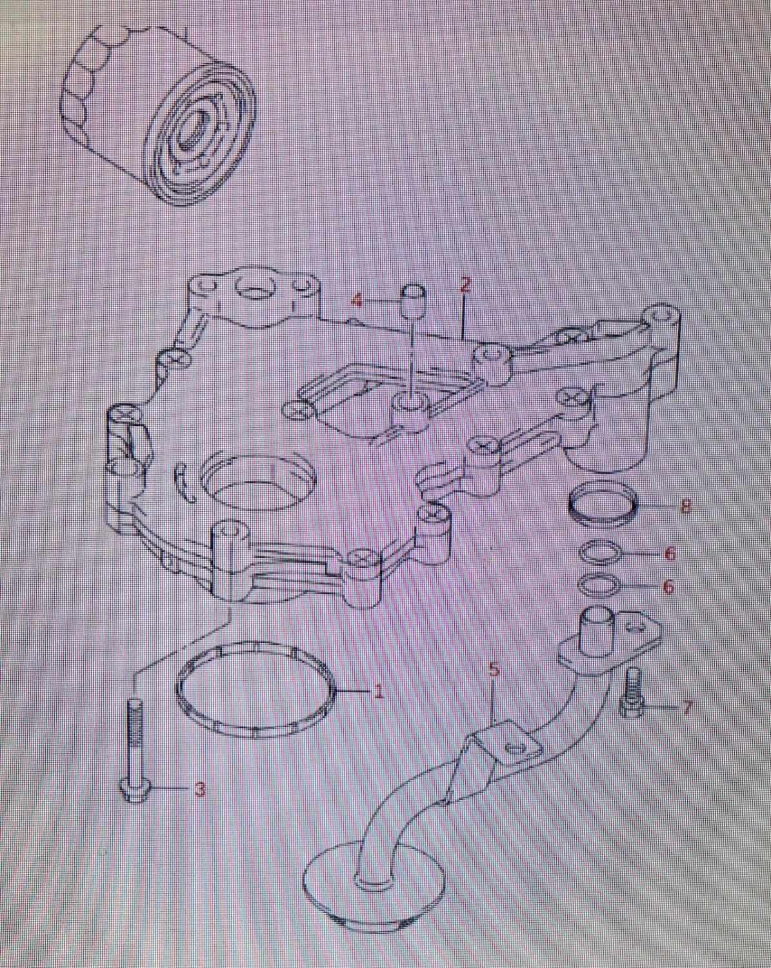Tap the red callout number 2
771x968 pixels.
pos(466,285)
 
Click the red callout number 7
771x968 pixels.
pos(687,707)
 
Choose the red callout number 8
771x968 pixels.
pos(685,507)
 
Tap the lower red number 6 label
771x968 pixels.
pos(669,587)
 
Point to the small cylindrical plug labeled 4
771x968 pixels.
pos(414,301)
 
